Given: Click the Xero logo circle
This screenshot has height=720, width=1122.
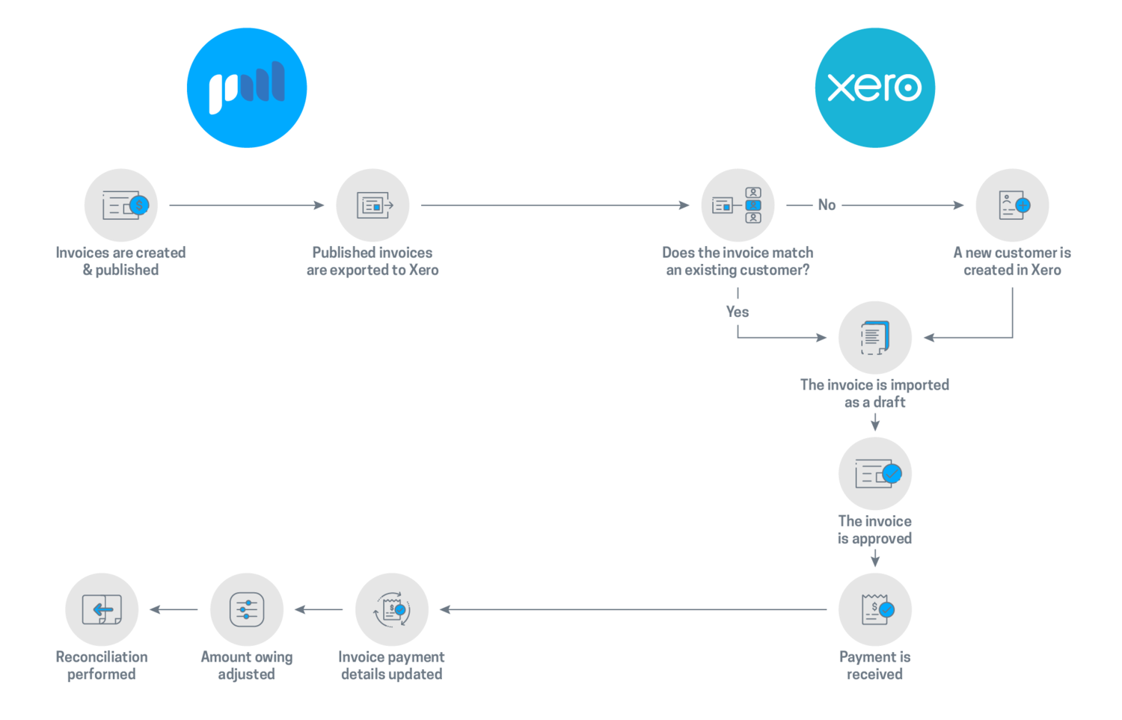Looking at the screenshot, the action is point(874,87).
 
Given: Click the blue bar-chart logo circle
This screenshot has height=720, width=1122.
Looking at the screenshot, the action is point(247,87).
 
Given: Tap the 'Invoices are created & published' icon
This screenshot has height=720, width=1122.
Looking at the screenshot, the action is point(120,206).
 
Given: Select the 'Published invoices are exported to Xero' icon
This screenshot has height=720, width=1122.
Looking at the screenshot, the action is point(373,206).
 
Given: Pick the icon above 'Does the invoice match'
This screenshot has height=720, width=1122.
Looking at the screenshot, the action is point(738,206).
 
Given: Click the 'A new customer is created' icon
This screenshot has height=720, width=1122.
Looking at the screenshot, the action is point(1012,206).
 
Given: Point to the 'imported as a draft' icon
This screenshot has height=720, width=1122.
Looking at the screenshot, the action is point(875,337).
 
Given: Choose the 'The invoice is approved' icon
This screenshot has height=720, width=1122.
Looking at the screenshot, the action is point(875,474).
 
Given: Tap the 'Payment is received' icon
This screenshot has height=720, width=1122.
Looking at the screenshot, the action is point(875,609).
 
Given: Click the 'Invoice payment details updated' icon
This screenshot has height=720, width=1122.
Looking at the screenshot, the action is point(392,609).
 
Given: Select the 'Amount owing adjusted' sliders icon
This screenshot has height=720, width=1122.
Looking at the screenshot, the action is point(246,609).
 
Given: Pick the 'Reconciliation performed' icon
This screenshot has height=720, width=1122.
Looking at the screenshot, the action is point(102,609).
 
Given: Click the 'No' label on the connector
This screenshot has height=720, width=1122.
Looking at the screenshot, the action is point(827,205).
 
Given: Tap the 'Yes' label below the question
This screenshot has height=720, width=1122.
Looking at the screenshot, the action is point(738,312).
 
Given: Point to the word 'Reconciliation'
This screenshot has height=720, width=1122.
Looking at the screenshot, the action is point(102,656).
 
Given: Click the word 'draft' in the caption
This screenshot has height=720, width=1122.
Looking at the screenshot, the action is point(889,402).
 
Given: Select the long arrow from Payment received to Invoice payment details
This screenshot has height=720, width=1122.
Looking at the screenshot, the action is point(633,609).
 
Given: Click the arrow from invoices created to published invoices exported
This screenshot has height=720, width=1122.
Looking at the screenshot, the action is point(246,205).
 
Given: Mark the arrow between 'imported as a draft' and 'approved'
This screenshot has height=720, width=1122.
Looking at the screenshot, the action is point(875,422).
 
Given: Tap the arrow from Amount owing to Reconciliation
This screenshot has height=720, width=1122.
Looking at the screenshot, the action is point(174,609).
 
